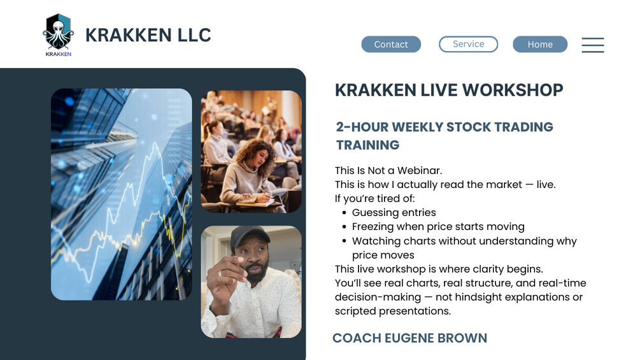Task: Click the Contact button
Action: pos(391,44)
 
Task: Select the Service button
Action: pos(468,44)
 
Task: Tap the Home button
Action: pos(540,44)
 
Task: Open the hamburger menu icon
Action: pos(593,45)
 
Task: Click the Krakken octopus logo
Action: pos(59,34)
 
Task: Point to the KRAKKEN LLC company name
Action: pos(148,35)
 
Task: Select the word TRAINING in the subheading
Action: pos(367,145)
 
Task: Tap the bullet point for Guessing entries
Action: pos(345,213)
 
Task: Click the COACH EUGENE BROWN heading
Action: pos(410,338)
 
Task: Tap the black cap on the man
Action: pos(250,237)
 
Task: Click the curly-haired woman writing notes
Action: pos(250,175)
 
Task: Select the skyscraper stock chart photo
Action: pos(121,194)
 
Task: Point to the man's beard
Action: pos(255,273)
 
